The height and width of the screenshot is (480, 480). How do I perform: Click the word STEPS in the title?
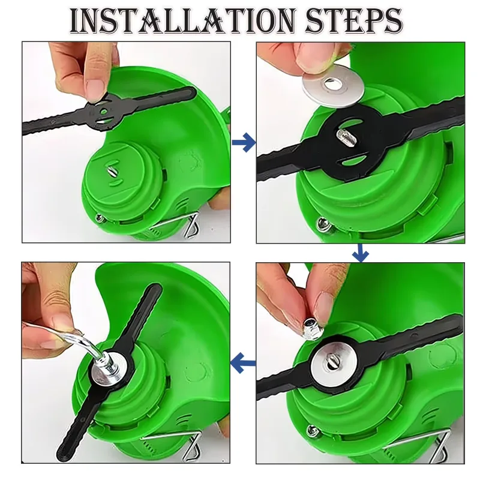[x=353, y=20]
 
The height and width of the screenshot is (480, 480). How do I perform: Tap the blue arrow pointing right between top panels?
[x=244, y=142]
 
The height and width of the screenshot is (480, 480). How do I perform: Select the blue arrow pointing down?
[x=361, y=253]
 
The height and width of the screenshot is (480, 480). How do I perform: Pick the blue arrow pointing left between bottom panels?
[x=243, y=363]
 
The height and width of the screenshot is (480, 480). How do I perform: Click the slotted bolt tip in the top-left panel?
[x=111, y=169]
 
